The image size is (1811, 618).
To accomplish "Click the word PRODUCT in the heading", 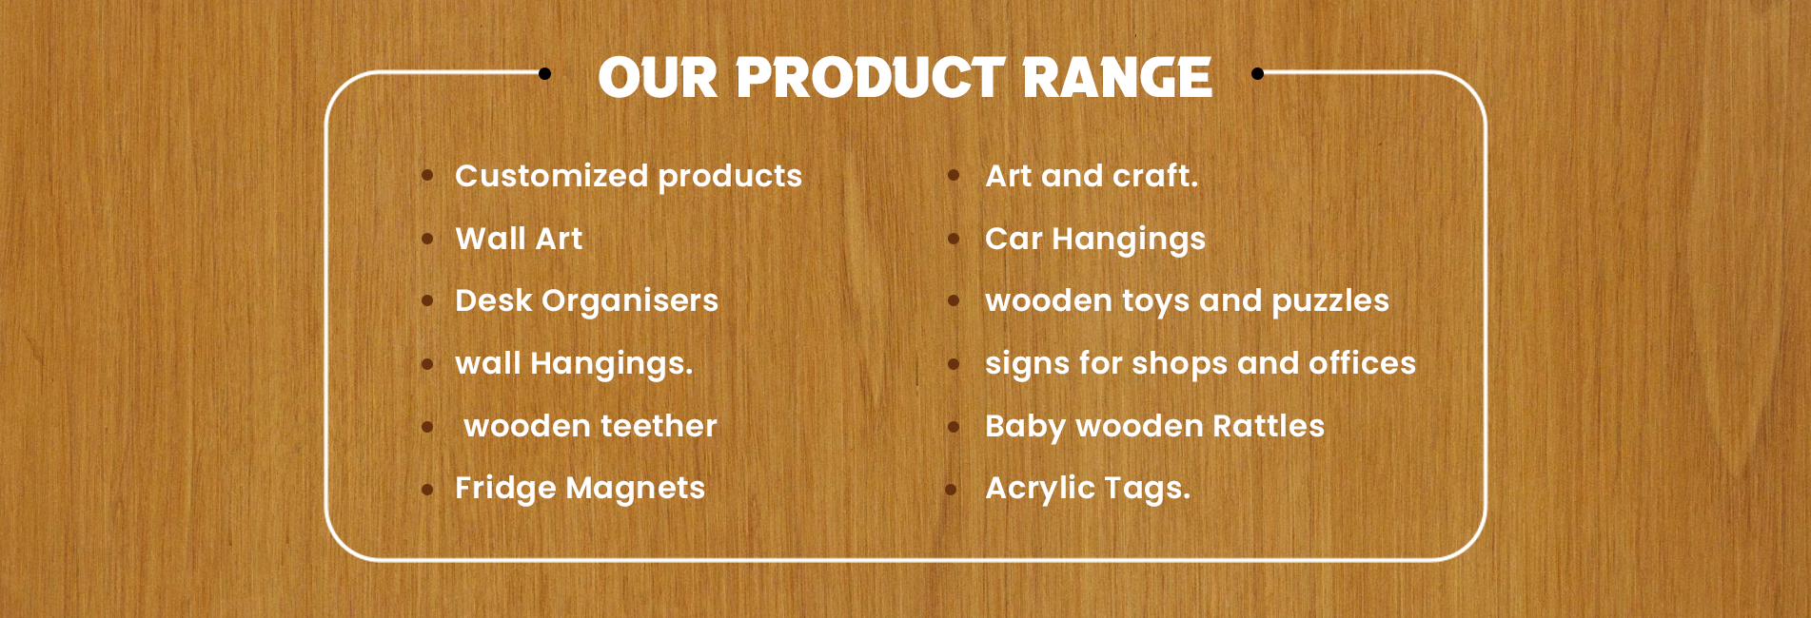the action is pos(870,77).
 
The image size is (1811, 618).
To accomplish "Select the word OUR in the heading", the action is pos(658,78).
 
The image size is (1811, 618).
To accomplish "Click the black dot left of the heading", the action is pos(544,73).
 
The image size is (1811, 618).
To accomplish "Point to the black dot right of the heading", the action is pos(1257,73).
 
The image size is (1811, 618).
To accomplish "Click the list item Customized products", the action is pos(628,176).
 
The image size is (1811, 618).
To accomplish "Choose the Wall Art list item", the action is pos(519,238).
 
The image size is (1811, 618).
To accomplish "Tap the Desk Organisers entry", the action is pos(586,300).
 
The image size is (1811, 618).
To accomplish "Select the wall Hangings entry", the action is pos(574,363).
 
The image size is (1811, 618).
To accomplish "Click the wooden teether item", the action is pos(590,426).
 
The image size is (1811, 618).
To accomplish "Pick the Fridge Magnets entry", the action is pos(580,488).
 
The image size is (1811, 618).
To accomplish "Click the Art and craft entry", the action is pos(1092,175).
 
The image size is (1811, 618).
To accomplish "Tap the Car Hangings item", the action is pos(1095,239).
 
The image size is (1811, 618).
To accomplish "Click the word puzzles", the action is pos(1330,301).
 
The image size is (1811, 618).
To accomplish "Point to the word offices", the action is pos(1362,362).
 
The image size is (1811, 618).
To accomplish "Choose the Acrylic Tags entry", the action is pos(1088,488).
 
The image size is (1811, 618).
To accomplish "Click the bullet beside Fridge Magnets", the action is pos(427,490).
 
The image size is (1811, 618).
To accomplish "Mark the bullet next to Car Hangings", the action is pos(953,240).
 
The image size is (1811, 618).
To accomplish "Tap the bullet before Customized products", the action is pos(427,175).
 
